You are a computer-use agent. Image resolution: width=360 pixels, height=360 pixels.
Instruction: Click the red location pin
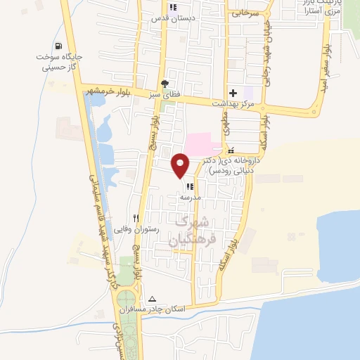(181, 165)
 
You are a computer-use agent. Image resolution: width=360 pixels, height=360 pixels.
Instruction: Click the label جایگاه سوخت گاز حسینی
(58, 63)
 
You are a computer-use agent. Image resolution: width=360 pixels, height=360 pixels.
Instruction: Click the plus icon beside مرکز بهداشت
(233, 93)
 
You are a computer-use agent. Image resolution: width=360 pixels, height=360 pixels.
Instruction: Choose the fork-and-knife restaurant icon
(136, 218)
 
